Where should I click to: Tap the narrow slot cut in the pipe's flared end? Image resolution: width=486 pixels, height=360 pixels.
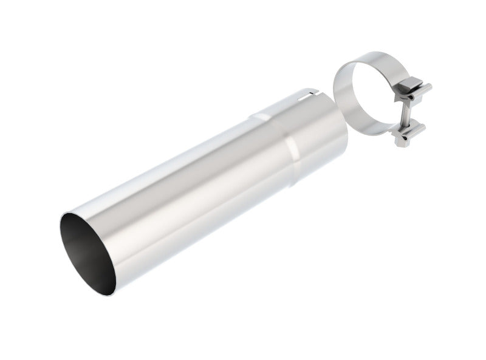point(311,94)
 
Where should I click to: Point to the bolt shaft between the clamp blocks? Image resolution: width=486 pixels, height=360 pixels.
point(403,115)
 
